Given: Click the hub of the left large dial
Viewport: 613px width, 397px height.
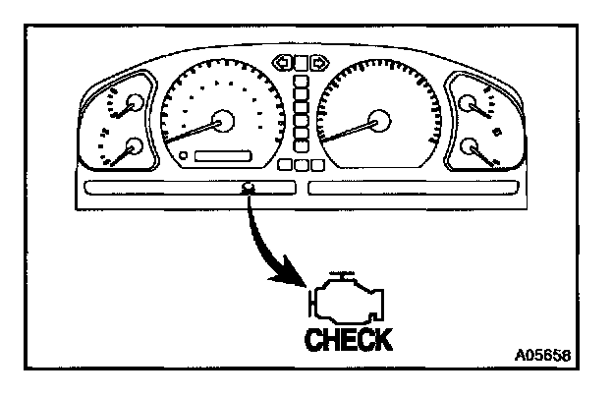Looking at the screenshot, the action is click(224, 121).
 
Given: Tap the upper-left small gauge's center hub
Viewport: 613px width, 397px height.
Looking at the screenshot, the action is click(135, 102).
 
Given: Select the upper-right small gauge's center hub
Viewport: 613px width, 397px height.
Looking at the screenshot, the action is click(468, 102).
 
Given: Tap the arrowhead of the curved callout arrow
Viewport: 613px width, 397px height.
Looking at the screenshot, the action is click(300, 280).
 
